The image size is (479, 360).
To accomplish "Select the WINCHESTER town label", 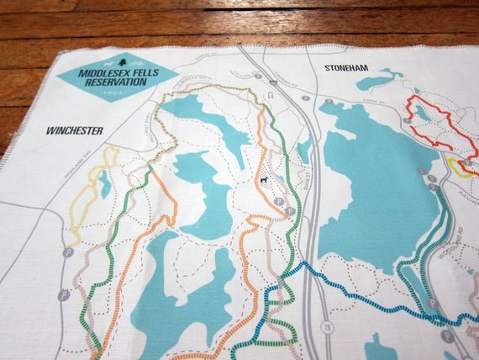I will tap(75, 130).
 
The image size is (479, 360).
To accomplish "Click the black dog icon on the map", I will tap(263, 179).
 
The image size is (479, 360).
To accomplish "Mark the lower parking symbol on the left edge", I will tap(63, 295).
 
